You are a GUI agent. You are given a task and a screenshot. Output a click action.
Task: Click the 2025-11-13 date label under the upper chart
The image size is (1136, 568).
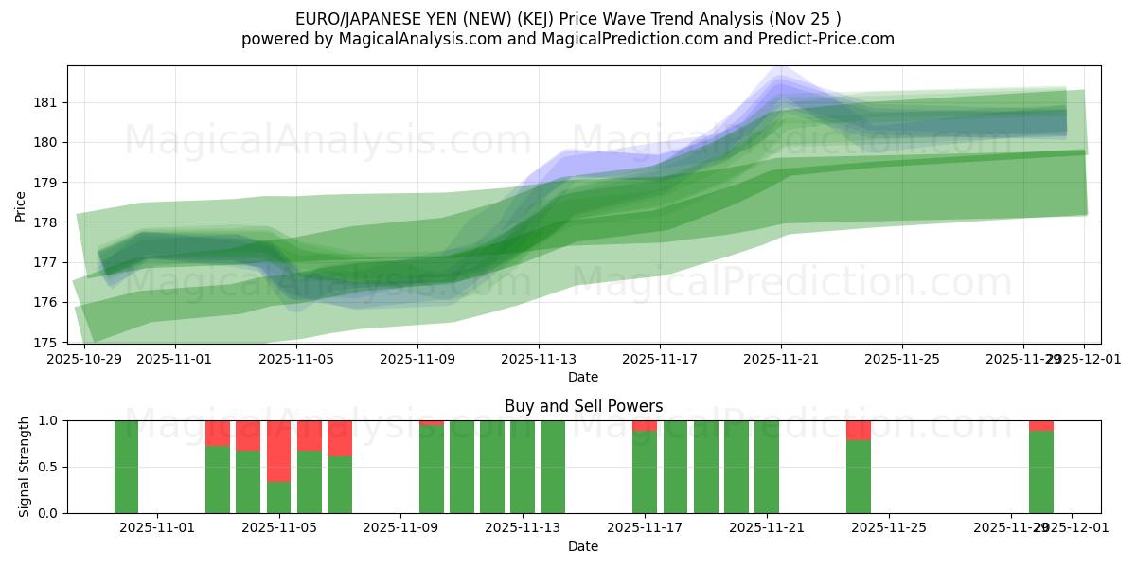(539, 360)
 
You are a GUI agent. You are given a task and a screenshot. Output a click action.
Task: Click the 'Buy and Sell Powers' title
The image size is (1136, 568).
(583, 406)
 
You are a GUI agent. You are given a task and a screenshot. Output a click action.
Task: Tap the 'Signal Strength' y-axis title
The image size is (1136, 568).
(25, 467)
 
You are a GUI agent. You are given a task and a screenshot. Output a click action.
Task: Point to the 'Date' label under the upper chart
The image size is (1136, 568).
(583, 377)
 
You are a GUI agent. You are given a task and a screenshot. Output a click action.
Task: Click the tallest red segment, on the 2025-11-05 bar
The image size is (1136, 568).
(278, 451)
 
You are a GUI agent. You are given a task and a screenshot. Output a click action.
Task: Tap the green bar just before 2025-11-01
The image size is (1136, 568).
(126, 467)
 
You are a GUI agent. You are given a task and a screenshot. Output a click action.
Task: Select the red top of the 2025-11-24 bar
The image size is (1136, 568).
(859, 430)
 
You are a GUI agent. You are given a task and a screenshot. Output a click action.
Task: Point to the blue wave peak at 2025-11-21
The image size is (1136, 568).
(780, 80)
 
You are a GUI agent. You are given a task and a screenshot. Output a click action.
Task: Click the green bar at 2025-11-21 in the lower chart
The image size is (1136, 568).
(767, 467)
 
